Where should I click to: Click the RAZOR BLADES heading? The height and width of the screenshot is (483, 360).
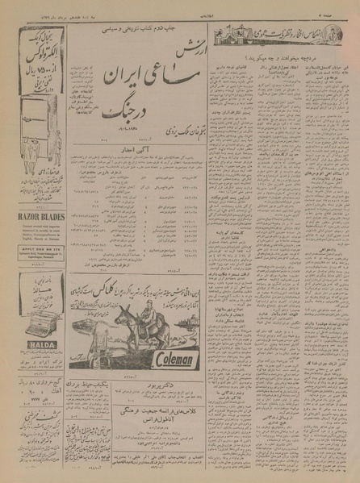pyautogui.click(x=32, y=216)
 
